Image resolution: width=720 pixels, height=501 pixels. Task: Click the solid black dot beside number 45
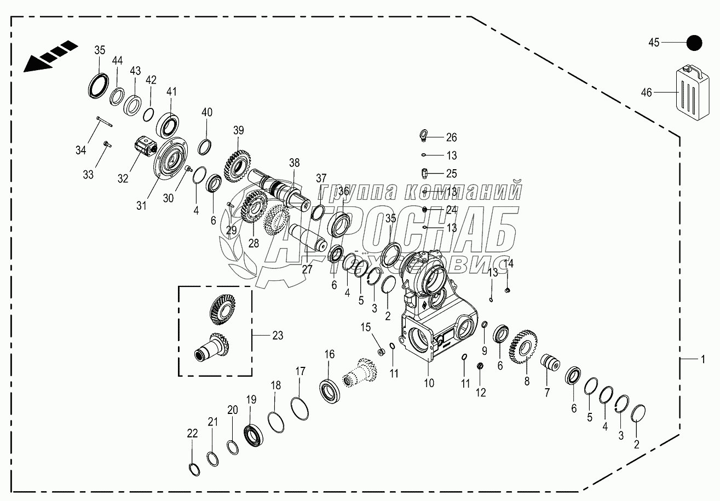(694, 42)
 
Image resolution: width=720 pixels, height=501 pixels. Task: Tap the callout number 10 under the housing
(429, 383)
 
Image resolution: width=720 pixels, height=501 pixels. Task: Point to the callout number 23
(278, 336)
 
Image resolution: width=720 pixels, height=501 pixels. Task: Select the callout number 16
(329, 354)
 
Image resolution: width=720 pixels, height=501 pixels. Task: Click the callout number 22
(192, 433)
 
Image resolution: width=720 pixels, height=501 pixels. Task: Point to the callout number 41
(171, 92)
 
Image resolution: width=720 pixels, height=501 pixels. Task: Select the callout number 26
(451, 137)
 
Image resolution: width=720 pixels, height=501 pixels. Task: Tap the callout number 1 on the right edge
(700, 359)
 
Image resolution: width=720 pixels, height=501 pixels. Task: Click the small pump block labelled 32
(145, 147)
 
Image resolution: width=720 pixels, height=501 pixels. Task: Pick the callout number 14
(509, 263)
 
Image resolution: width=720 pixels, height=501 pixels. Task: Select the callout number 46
(646, 93)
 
